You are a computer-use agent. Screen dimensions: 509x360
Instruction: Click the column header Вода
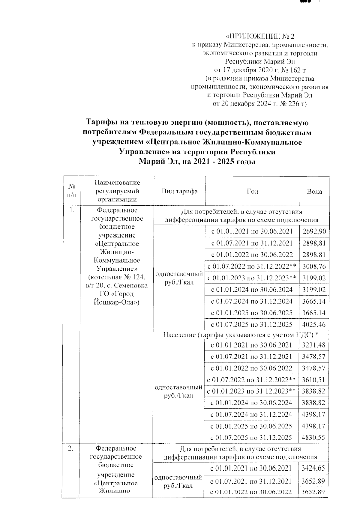314,192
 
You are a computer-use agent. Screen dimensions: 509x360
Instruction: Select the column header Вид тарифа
179,192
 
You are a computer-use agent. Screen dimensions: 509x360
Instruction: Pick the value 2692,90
314,231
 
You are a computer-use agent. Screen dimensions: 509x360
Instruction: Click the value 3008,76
314,266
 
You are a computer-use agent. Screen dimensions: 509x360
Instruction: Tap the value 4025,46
314,324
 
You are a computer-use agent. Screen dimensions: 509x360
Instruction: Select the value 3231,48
313,345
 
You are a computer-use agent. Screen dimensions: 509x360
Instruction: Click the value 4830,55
313,438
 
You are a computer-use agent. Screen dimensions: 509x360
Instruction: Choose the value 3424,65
313,468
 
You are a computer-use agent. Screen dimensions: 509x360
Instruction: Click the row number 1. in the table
72,210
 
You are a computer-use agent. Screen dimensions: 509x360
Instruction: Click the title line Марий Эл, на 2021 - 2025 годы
197,162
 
